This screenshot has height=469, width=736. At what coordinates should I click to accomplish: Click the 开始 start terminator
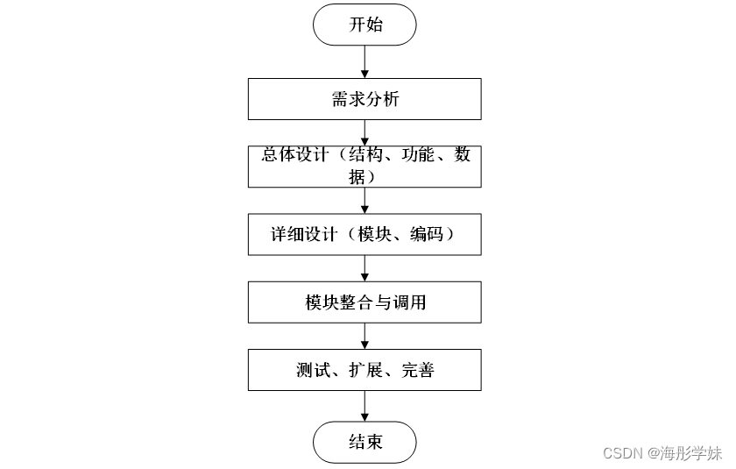(x=364, y=25)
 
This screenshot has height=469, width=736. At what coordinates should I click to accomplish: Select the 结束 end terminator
(x=364, y=441)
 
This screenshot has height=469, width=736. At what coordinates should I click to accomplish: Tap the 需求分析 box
(x=364, y=99)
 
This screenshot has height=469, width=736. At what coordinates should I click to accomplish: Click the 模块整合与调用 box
(x=364, y=302)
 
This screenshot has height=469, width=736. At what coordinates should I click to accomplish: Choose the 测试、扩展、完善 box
(x=364, y=370)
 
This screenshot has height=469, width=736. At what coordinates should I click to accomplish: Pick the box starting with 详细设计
(x=364, y=234)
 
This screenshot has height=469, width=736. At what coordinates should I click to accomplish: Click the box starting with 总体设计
(x=364, y=166)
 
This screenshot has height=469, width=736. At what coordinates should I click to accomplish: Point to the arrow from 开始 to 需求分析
(x=364, y=61)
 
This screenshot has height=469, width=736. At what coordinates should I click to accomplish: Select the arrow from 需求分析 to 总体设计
(x=364, y=131)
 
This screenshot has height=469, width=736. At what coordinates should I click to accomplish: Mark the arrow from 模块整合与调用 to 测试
(x=364, y=336)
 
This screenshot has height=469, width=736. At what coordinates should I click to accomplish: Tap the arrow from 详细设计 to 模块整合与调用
(x=364, y=267)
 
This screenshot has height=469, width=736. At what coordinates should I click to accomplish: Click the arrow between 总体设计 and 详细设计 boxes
(x=364, y=200)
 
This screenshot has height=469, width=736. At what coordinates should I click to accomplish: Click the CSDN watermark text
(x=623, y=452)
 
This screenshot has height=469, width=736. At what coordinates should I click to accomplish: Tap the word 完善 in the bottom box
(x=417, y=370)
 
